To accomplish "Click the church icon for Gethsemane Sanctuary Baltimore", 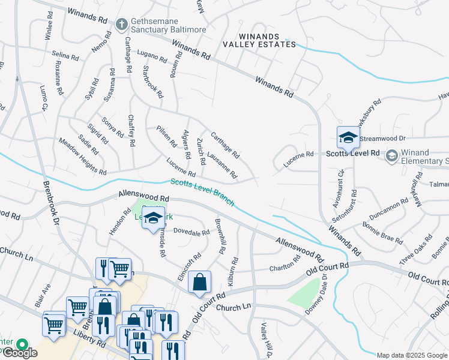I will coord(121,25).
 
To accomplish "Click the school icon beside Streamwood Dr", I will coord(348,139).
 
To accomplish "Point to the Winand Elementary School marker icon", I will coord(391,156).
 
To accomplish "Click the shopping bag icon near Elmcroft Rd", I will coord(199,283).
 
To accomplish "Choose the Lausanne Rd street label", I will coord(221,164).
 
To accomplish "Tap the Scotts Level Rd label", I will coord(353,154).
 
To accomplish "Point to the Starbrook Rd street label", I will coord(152,82).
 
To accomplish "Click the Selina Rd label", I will coord(65,56).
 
